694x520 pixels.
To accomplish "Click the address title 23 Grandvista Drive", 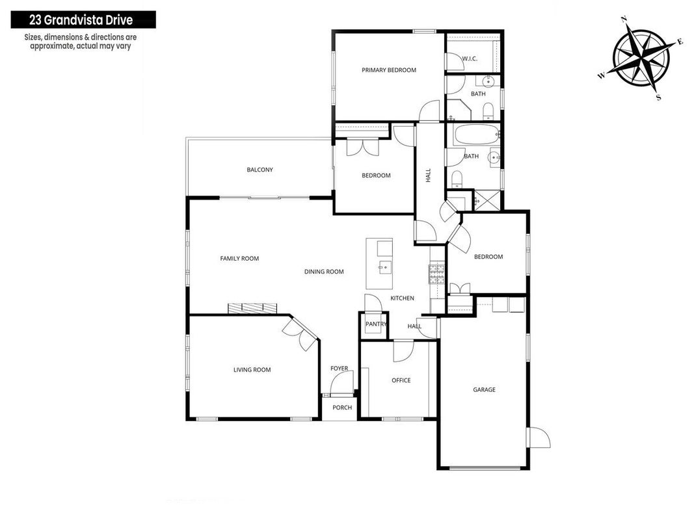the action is tap(81, 20).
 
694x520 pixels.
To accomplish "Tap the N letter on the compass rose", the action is tap(624, 19).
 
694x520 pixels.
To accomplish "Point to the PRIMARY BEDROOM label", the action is tap(388, 70).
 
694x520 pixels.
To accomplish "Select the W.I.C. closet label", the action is tap(470, 58).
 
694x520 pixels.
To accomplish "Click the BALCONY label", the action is tap(260, 170).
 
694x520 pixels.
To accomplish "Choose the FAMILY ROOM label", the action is tap(239, 259).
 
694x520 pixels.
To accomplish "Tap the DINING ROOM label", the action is tap(324, 272).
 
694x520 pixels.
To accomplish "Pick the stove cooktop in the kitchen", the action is tap(436, 274).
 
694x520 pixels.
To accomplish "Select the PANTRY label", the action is tap(376, 324).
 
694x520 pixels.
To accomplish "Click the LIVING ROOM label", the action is tap(252, 370).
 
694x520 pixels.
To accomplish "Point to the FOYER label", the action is tap(339, 369).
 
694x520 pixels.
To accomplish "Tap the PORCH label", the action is tap(342, 408).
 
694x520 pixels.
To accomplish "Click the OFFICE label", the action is tap(401, 380).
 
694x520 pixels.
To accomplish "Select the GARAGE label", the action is tap(484, 389).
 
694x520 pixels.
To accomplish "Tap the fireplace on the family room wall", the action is tap(252, 308).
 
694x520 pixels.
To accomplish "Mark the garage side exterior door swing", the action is tap(540, 437).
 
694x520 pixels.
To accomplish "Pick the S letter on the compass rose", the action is tap(659, 97).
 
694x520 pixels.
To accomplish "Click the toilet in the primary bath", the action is tap(487, 110).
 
